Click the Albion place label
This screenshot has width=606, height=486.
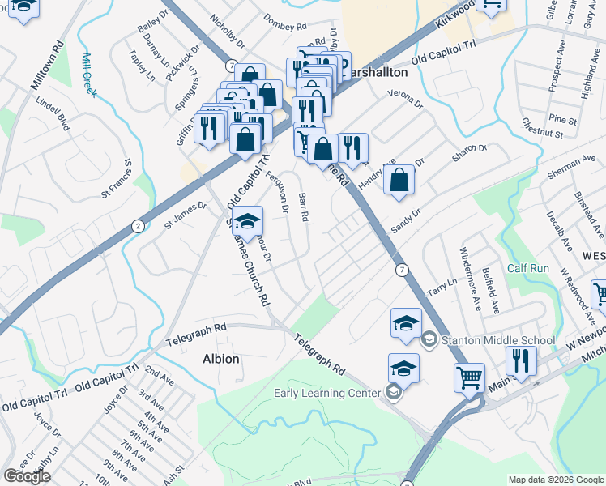coord(220,358)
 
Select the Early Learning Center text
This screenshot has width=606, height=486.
coord(326,394)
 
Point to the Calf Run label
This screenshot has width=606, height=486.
coord(528,268)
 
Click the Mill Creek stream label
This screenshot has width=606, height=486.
coord(88,75)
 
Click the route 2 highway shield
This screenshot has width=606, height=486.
coord(139,226)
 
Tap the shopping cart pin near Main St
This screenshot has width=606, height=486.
coord(470,377)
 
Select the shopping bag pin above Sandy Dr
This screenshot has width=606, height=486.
coord(399,180)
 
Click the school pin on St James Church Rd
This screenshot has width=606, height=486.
coord(248,220)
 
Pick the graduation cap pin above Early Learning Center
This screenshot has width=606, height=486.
coord(403,369)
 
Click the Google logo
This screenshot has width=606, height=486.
coord(27,476)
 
